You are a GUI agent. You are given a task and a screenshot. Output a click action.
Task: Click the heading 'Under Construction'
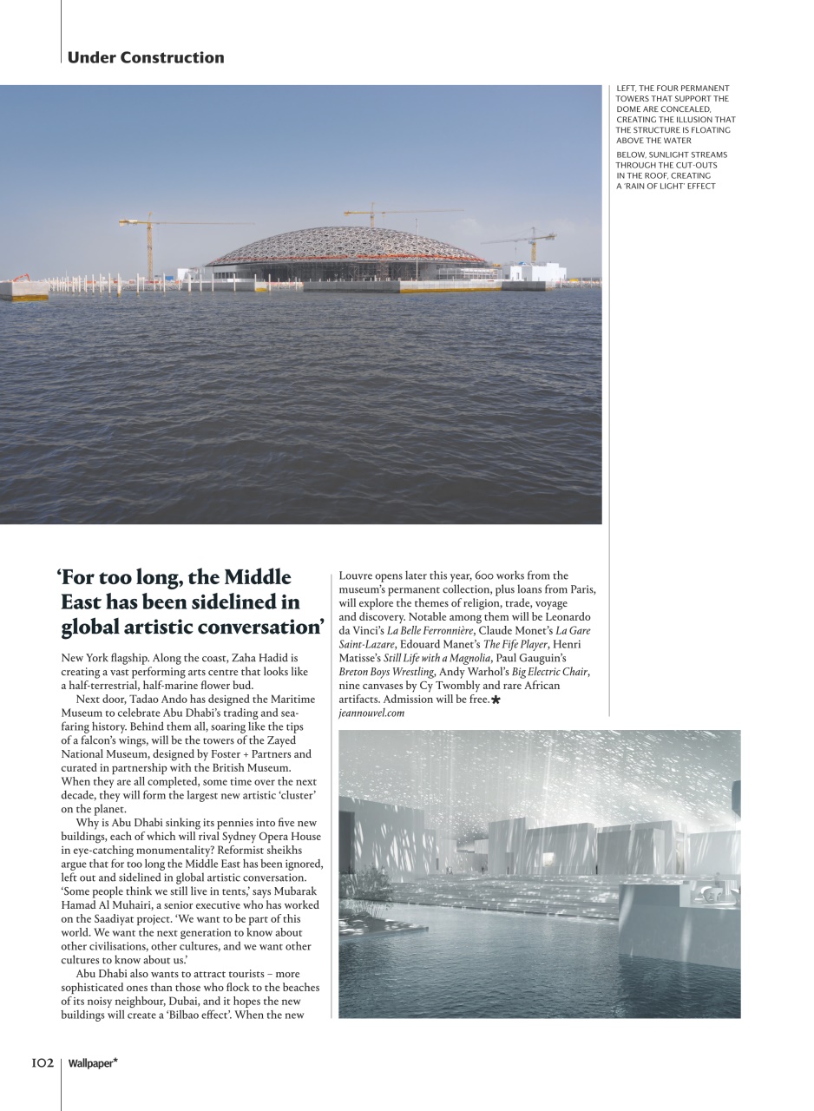point(145,58)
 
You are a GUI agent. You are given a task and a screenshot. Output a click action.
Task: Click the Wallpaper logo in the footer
point(93,1063)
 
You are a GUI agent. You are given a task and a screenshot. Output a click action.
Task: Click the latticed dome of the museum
point(347,247)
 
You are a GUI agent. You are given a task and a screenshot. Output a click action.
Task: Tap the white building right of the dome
point(538,273)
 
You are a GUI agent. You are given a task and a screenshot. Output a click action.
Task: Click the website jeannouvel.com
point(371,713)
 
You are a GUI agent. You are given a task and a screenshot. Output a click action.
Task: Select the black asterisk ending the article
point(496,700)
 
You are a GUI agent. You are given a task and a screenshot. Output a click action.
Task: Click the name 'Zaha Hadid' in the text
point(265,658)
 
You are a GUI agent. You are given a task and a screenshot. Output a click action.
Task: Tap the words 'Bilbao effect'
point(195,1015)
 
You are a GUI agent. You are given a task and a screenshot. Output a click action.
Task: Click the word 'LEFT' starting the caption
point(625,89)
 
